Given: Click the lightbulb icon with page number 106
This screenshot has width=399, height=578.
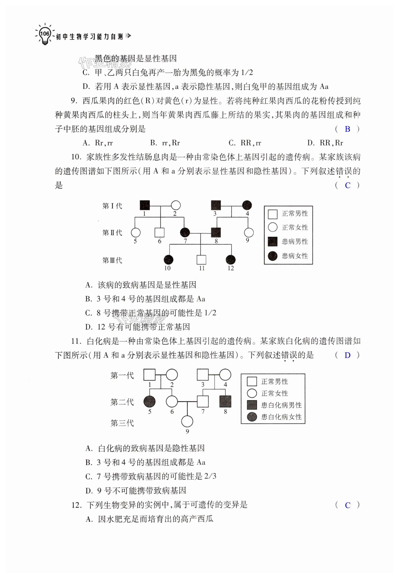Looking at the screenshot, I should (45, 34).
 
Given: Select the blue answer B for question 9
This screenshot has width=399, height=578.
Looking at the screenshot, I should (347, 129).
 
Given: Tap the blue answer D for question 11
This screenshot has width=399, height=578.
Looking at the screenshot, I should (347, 355).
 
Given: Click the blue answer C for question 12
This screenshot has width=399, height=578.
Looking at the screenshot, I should (347, 505).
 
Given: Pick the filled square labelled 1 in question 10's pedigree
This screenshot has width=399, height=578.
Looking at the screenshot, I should (144, 205).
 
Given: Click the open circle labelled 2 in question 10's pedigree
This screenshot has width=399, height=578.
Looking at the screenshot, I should (176, 205).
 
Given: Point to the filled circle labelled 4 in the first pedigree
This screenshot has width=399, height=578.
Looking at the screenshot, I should (247, 205).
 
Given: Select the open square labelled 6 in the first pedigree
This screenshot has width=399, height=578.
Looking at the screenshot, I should (159, 233).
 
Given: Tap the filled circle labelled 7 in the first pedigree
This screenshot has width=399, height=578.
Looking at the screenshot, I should (185, 232).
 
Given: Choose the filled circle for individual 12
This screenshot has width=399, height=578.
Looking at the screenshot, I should (230, 260).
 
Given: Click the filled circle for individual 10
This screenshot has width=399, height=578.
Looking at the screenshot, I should (168, 260).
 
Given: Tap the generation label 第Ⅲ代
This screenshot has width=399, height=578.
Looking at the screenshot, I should (112, 260).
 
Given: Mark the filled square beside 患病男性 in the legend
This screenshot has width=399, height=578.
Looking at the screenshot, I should (273, 242).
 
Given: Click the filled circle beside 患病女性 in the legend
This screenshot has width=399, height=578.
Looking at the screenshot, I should (273, 256).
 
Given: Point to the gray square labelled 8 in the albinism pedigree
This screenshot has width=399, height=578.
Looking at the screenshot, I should (225, 402).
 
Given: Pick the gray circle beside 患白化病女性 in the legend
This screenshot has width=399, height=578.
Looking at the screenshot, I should (252, 417).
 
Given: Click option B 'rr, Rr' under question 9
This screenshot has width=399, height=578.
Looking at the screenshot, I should (165, 143).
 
